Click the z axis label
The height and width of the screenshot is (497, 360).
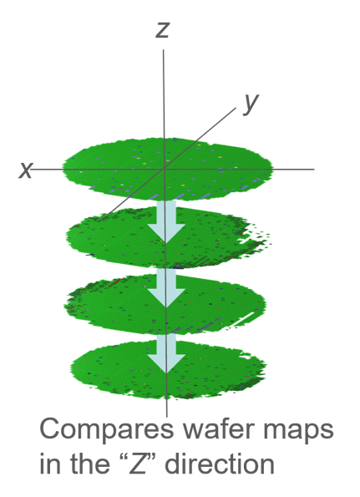point(163,30)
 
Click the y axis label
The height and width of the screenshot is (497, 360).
point(251,104)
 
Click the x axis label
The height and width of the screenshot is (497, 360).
point(26,170)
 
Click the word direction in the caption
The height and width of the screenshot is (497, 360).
point(220,464)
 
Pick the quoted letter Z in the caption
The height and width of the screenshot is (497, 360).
point(138,464)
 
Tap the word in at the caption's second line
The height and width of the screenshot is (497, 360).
point(49,464)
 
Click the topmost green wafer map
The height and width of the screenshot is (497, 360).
point(167,170)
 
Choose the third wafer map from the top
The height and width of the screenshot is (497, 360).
point(165,304)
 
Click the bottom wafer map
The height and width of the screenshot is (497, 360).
point(167,369)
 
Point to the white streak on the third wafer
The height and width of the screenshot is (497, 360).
point(244,319)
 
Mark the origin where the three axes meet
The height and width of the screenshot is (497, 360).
point(164,170)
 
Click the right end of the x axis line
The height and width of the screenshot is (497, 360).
point(314,170)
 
